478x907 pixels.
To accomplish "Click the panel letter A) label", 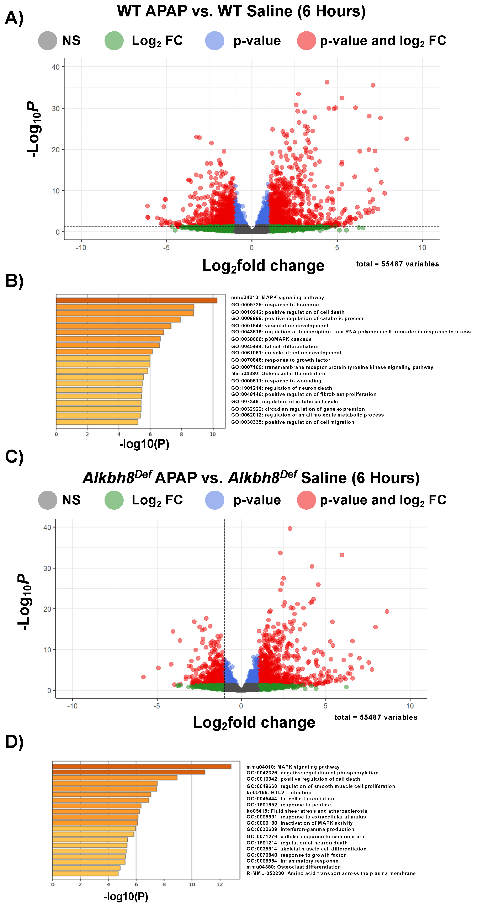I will point(14,18).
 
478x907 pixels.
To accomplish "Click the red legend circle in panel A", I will point(306,41).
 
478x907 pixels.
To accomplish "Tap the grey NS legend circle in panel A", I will point(48,41).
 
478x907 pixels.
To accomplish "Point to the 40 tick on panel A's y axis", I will point(56,67).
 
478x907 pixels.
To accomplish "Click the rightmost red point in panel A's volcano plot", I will point(407,139).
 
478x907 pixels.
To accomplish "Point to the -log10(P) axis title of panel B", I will point(144,444).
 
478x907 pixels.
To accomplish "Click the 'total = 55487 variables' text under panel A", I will point(397,264).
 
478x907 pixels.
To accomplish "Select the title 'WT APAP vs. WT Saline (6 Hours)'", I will point(241,11).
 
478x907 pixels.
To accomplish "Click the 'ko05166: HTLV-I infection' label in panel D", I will point(279,792).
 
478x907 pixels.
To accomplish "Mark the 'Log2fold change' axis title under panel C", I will point(254,722).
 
